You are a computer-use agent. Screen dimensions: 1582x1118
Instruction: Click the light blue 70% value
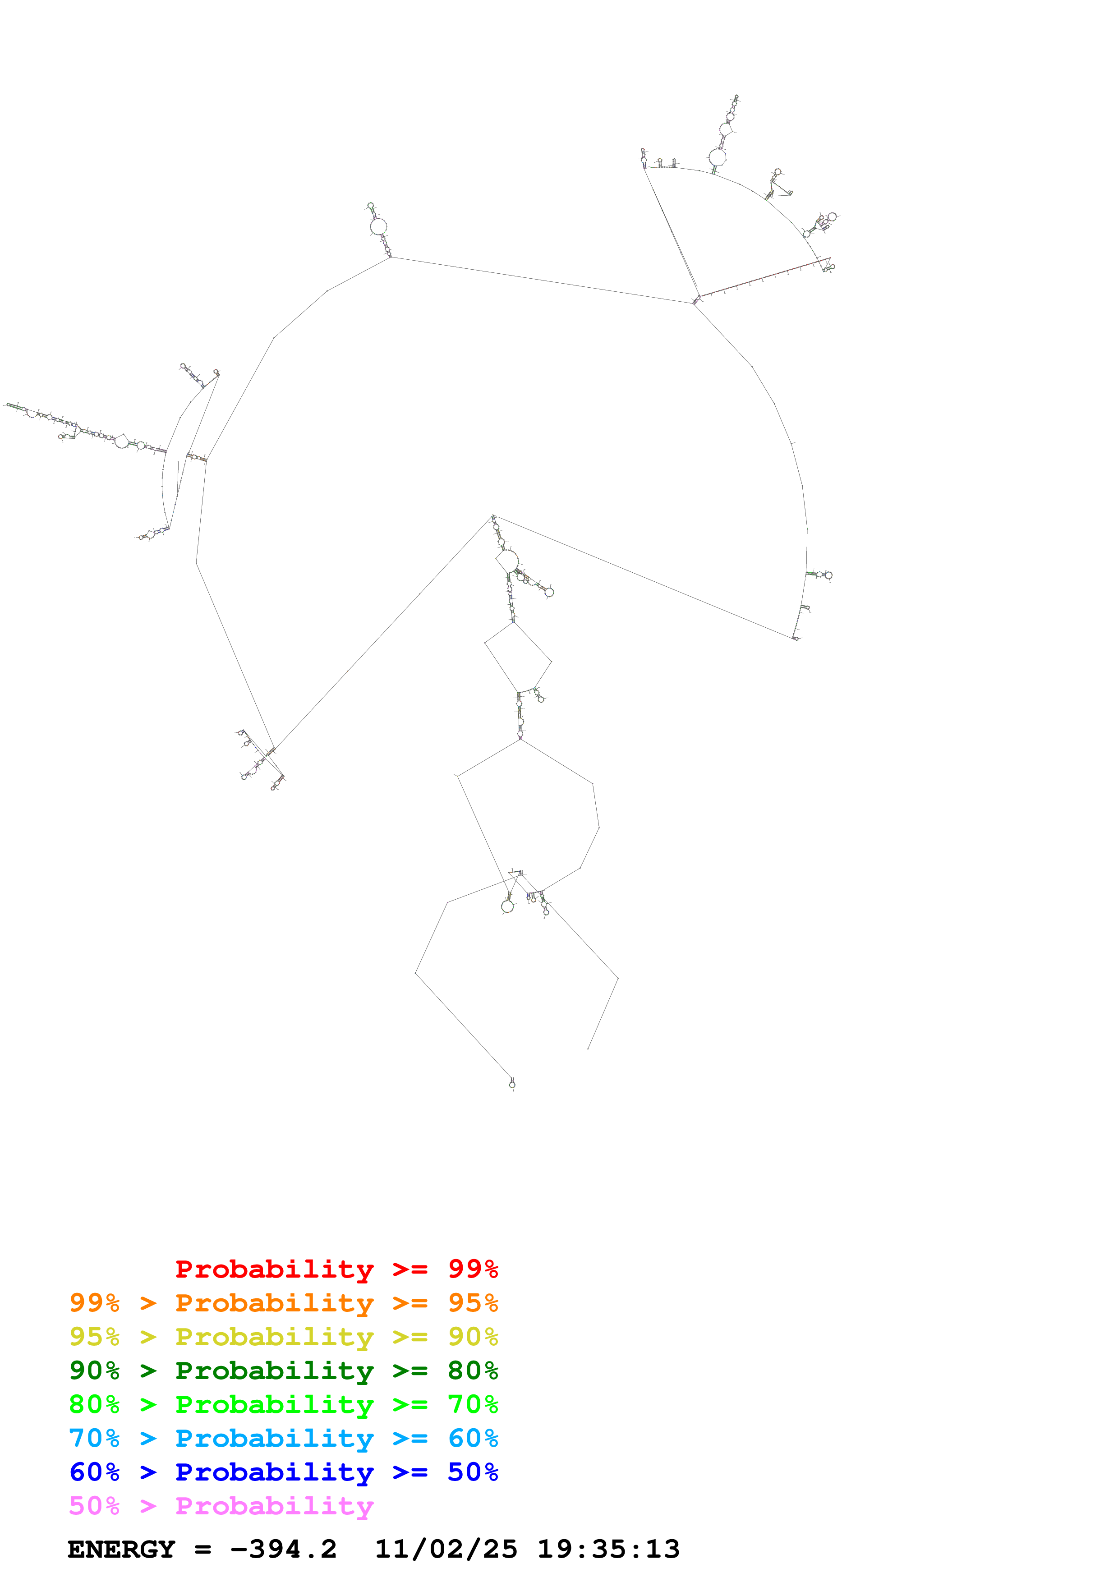pos(94,1438)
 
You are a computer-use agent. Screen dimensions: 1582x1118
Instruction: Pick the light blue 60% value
pos(473,1438)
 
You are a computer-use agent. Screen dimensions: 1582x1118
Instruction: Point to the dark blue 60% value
pos(94,1472)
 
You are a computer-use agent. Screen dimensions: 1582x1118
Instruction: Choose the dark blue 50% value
pos(473,1472)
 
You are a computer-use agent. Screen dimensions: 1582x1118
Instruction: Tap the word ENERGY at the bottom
pos(121,1550)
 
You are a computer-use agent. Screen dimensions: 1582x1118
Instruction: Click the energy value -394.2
pos(283,1550)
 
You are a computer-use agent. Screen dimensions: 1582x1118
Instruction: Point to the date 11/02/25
pos(446,1550)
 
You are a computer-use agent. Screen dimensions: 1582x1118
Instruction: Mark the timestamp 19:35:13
pos(608,1550)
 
